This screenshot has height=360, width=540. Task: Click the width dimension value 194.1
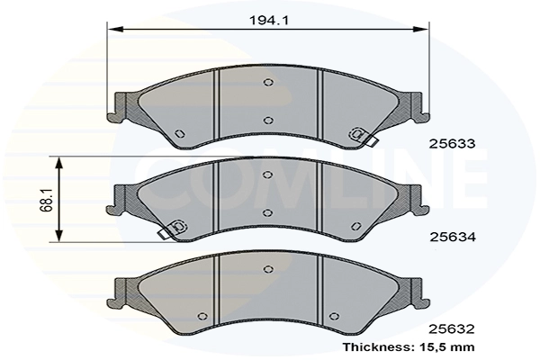pyautogui.click(x=269, y=21)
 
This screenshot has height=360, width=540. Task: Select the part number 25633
pyautogui.click(x=452, y=144)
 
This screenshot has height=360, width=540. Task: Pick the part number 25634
pyautogui.click(x=453, y=237)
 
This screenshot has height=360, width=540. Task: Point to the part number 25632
pyautogui.click(x=452, y=329)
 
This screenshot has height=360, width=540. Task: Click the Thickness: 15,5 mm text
pyautogui.click(x=409, y=346)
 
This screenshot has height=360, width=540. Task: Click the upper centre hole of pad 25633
pyautogui.click(x=268, y=82)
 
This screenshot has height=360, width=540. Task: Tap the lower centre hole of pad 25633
pyautogui.click(x=268, y=121)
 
